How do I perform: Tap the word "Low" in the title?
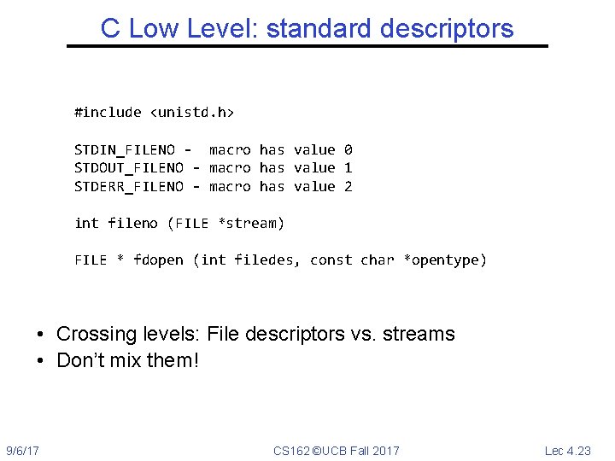155,28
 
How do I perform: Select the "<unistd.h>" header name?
192,112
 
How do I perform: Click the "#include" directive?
108,112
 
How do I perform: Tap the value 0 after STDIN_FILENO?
348,149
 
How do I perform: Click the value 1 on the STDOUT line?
348,168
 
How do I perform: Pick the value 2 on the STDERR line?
348,186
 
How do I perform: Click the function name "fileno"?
133,224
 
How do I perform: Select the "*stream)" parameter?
251,224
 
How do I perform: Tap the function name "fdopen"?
158,260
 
